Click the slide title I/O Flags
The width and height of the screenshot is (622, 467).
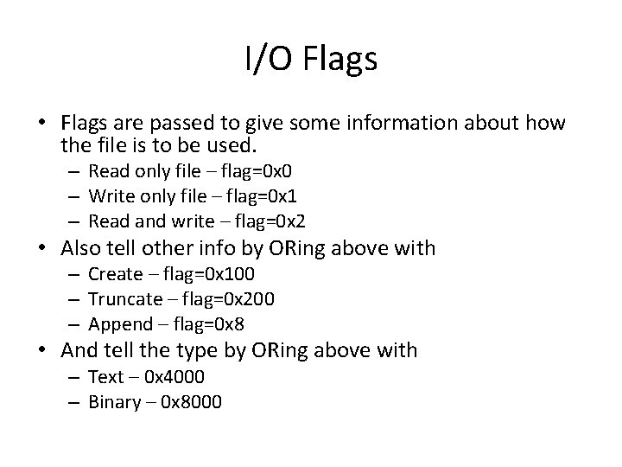310,59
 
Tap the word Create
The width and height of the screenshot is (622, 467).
115,274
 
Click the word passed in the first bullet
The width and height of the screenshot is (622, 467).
178,124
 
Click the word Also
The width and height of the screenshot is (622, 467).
82,249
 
